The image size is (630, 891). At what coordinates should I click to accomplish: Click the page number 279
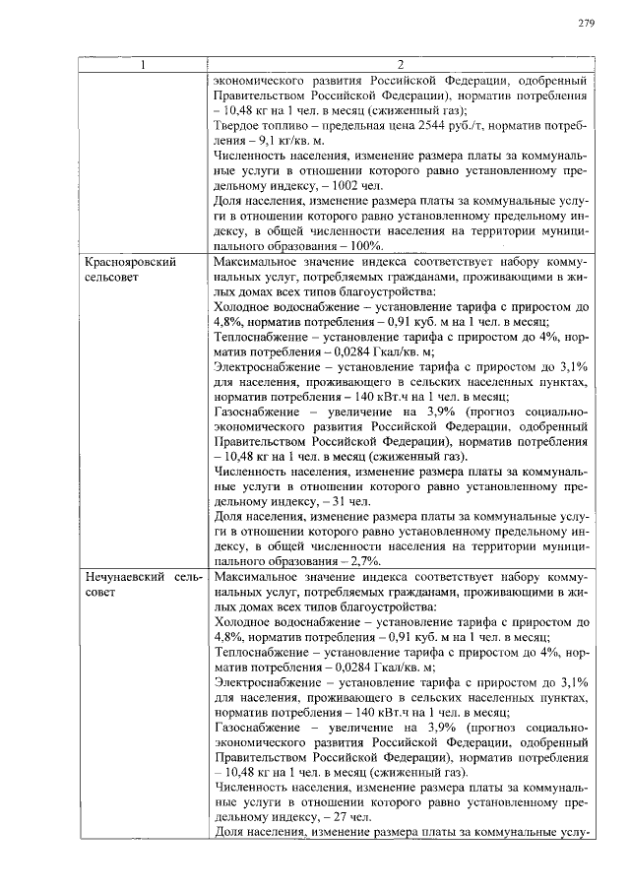click(586, 23)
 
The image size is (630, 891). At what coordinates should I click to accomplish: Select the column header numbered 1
click(144, 65)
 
